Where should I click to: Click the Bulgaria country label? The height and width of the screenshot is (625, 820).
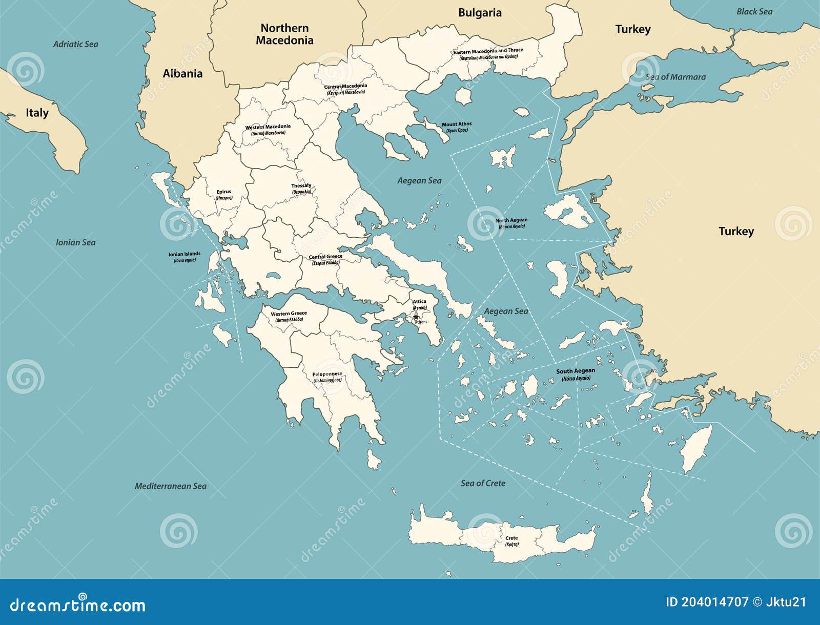coord(479,13)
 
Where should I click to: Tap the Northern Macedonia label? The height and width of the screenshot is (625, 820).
coord(284,34)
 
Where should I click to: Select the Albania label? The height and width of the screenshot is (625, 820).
coord(182,74)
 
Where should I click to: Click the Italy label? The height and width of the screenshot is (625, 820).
coord(37,113)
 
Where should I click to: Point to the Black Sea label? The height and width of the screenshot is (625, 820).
coord(754,11)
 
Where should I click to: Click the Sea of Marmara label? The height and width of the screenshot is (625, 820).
coord(675,77)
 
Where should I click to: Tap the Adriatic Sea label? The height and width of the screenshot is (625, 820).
coord(75,44)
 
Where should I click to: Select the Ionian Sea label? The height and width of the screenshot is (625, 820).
coord(75,242)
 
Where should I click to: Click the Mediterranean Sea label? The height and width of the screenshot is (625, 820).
coord(171,486)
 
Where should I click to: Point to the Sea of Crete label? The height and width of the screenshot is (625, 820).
coord(483,483)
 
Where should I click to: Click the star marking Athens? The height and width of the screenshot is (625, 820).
coord(415,317)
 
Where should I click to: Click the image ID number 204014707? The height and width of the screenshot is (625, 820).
coord(714,602)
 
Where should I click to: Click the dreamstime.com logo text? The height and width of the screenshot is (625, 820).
coord(78,605)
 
